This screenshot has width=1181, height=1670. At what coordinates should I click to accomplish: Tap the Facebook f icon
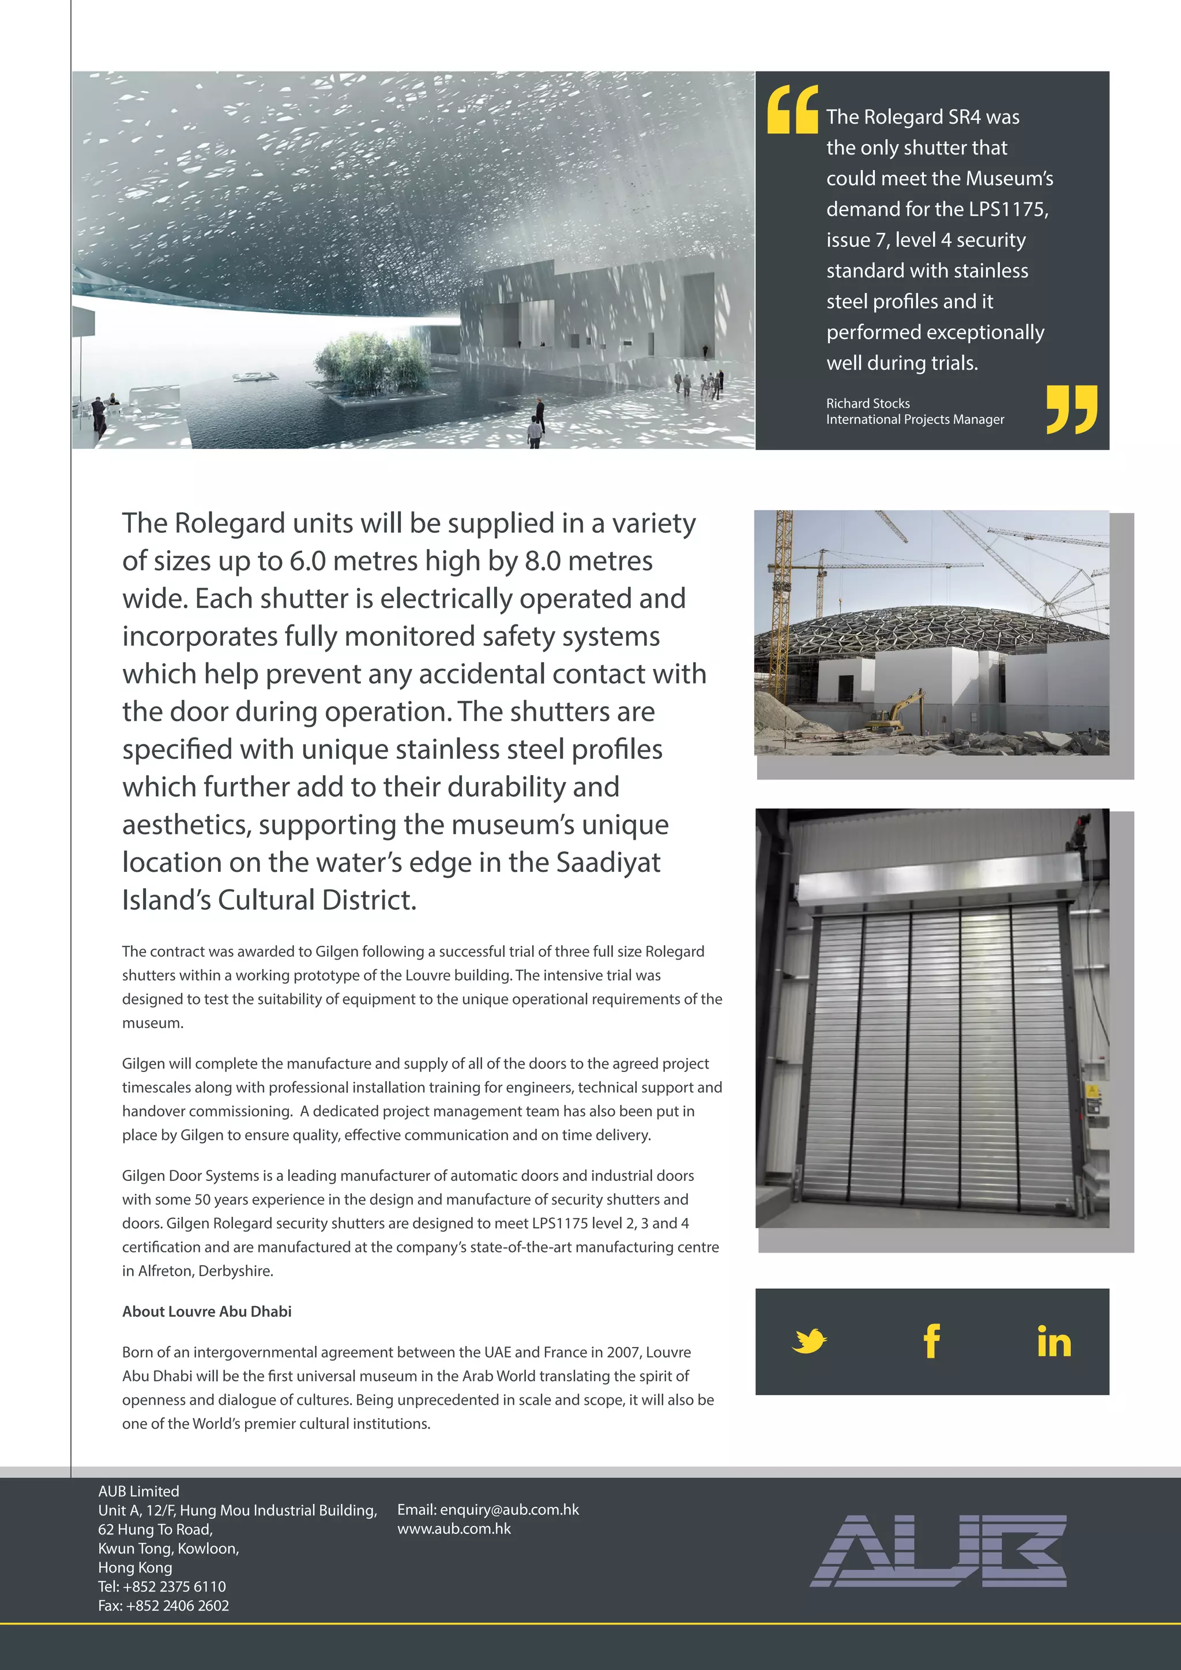931,1341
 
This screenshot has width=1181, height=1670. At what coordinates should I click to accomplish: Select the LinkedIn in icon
1054,1342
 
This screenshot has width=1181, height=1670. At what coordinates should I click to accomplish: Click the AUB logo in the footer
938,1551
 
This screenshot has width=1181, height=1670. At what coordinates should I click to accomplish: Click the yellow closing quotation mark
1071,409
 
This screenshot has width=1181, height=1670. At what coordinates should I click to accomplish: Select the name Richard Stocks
867,403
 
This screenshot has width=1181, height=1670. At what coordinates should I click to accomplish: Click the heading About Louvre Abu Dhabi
206,1311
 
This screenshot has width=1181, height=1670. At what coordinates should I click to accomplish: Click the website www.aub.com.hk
454,1528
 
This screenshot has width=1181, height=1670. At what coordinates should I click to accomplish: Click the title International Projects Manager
915,420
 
